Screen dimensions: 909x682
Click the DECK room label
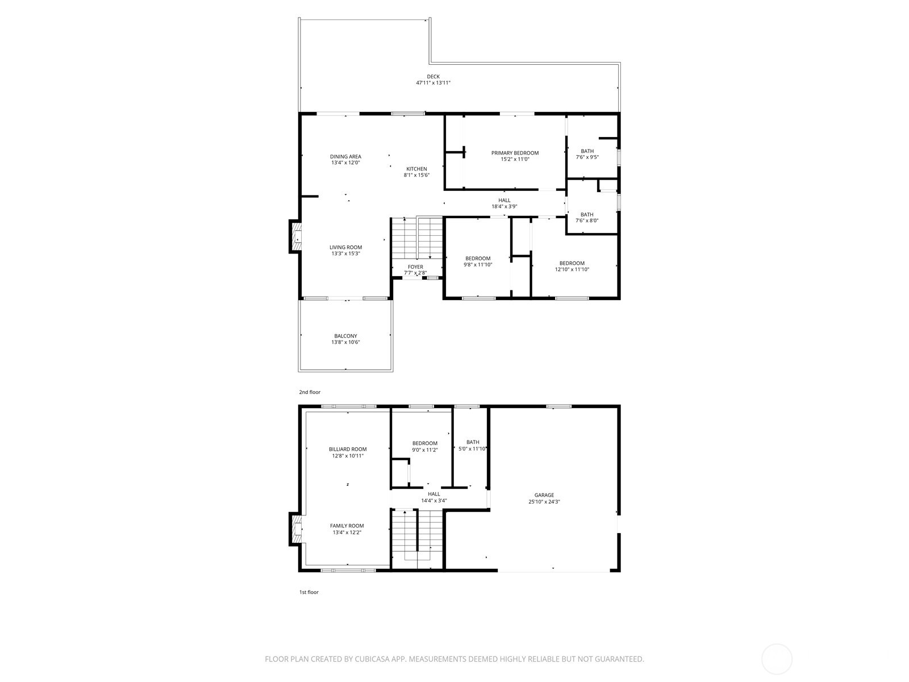pyautogui.click(x=433, y=77)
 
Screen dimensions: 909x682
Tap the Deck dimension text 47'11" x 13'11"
pyautogui.click(x=433, y=83)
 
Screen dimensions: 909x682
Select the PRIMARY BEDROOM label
pyautogui.click(x=515, y=153)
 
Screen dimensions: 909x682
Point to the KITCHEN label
pyautogui.click(x=416, y=169)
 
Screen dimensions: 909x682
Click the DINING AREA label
pyautogui.click(x=345, y=156)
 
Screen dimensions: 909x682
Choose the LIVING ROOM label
pyautogui.click(x=345, y=247)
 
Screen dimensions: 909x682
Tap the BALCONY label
pyautogui.click(x=345, y=336)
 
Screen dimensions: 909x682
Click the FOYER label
pyautogui.click(x=415, y=267)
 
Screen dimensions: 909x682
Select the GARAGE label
pyautogui.click(x=544, y=495)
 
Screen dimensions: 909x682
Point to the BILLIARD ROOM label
pyautogui.click(x=348, y=450)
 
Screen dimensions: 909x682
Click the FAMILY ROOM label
pyautogui.click(x=347, y=526)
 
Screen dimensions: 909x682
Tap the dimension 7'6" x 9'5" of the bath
pyautogui.click(x=587, y=157)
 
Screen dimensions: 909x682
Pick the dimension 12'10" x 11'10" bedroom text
pyautogui.click(x=572, y=269)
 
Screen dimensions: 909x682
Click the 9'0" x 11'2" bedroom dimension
pyautogui.click(x=424, y=450)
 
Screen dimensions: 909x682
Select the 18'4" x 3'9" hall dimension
pyautogui.click(x=504, y=207)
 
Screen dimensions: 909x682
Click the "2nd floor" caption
pyautogui.click(x=310, y=392)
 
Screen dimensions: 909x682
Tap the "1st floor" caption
pyautogui.click(x=309, y=592)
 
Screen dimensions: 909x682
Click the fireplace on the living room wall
pyautogui.click(x=295, y=236)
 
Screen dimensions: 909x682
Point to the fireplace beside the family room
pyautogui.click(x=295, y=529)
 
